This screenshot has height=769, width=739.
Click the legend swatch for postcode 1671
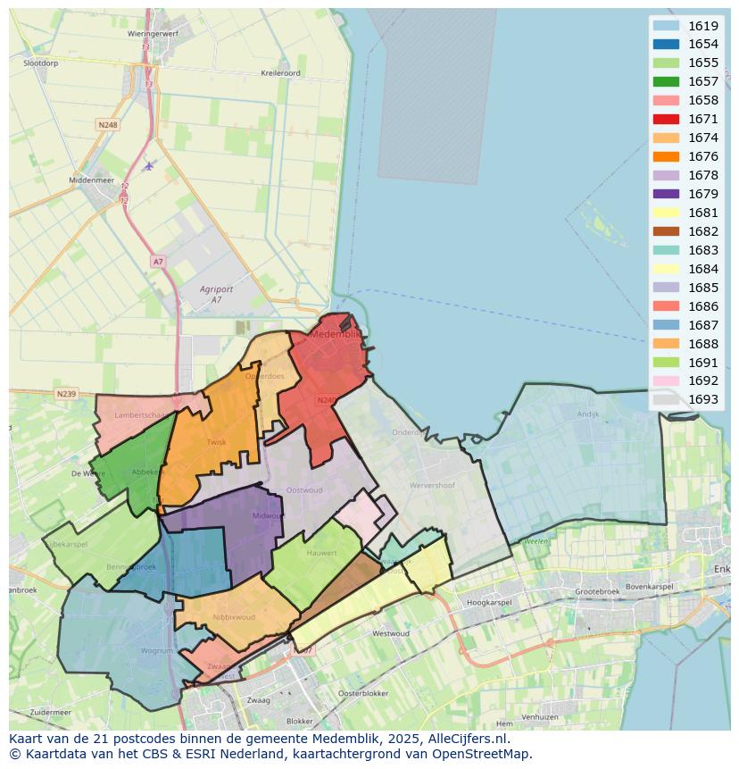tap(665, 119)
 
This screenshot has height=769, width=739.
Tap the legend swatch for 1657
tap(665, 81)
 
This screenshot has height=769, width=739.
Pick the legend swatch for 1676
tap(665, 156)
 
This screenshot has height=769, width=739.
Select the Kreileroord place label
tap(280, 73)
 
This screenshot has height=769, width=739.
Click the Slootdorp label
tap(41, 64)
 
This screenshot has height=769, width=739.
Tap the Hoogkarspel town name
tap(486, 603)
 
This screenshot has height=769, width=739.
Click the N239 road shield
tap(66, 394)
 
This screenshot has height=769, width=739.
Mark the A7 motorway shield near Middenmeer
tap(158, 262)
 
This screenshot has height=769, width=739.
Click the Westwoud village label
tap(390, 633)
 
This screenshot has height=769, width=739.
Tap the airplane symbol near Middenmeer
tap(149, 165)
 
